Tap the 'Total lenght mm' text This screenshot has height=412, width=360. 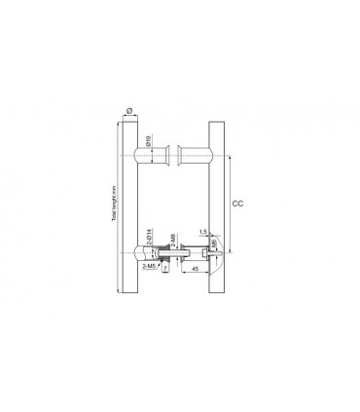[x=114, y=206]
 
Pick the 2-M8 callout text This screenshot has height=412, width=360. [x=173, y=241]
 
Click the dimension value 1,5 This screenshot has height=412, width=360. [x=202, y=232]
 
